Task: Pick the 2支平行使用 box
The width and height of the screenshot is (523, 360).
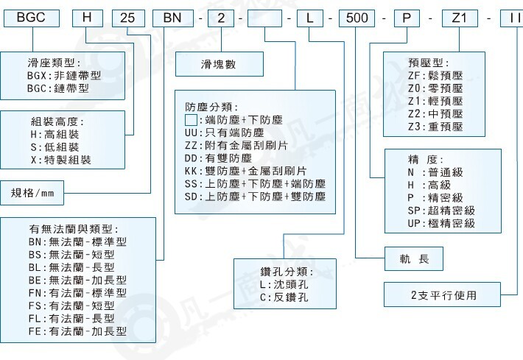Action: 443,295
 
